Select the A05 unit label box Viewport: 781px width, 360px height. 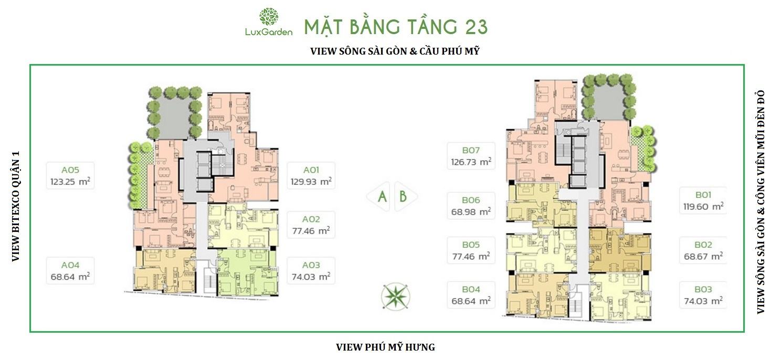click(x=70, y=176)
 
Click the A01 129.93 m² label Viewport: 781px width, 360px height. click(x=311, y=176)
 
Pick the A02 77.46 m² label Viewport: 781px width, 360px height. click(x=311, y=225)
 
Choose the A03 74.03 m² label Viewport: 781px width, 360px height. click(x=311, y=271)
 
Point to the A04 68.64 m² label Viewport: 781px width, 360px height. click(x=70, y=271)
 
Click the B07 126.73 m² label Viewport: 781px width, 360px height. click(x=471, y=156)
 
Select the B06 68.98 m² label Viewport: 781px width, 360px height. click(x=471, y=206)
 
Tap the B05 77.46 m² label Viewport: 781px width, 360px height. click(x=471, y=250)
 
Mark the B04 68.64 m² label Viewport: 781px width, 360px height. click(x=471, y=295)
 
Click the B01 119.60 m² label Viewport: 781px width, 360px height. click(x=703, y=200)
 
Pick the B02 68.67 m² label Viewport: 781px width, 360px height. click(x=703, y=250)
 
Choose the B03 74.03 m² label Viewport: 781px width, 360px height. click(x=703, y=295)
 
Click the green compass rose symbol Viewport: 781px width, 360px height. click(x=395, y=297)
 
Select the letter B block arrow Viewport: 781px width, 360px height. click(x=406, y=197)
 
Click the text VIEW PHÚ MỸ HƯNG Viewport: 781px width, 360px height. click(x=385, y=347)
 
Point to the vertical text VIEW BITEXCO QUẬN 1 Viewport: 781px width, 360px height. click(x=16, y=206)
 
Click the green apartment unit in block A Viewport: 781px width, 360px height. click(x=248, y=272)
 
